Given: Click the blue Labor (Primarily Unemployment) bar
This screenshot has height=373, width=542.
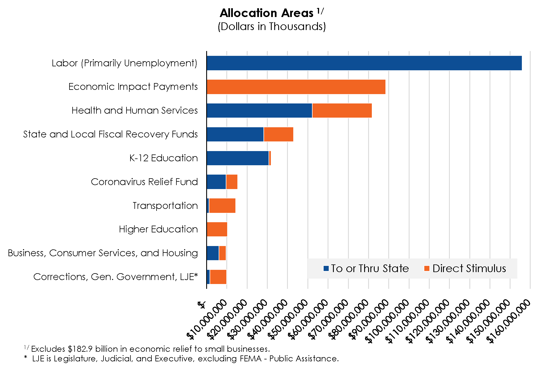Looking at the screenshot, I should (364, 63).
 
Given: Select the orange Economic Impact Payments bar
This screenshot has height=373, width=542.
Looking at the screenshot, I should (296, 87).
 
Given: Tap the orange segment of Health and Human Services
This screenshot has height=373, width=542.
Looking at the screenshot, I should (342, 111).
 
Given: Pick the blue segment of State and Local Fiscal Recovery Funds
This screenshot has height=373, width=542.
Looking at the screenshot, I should (235, 134).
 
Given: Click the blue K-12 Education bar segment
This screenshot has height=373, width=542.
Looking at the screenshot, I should (238, 158).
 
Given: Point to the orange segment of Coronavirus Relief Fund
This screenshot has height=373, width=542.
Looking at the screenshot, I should (232, 182).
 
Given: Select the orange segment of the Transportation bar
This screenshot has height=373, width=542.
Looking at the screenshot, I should (222, 206).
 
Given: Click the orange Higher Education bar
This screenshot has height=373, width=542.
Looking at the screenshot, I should (217, 229).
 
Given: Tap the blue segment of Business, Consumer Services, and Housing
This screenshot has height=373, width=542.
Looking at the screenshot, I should (213, 253).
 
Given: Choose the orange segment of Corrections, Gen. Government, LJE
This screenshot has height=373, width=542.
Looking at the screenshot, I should (218, 277).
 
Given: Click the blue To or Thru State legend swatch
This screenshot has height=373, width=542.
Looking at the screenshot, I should (326, 268).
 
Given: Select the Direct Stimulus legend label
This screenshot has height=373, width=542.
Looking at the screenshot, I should (469, 268).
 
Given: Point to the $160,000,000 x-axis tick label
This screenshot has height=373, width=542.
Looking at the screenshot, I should (509, 321).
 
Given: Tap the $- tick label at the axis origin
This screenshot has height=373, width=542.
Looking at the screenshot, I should (202, 305).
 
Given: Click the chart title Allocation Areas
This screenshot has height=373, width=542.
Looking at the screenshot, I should (267, 13).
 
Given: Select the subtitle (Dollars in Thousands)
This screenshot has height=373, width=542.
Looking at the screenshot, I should (272, 26).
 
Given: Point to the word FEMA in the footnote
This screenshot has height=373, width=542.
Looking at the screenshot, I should (250, 359).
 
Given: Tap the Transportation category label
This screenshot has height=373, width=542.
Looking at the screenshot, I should (165, 206).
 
